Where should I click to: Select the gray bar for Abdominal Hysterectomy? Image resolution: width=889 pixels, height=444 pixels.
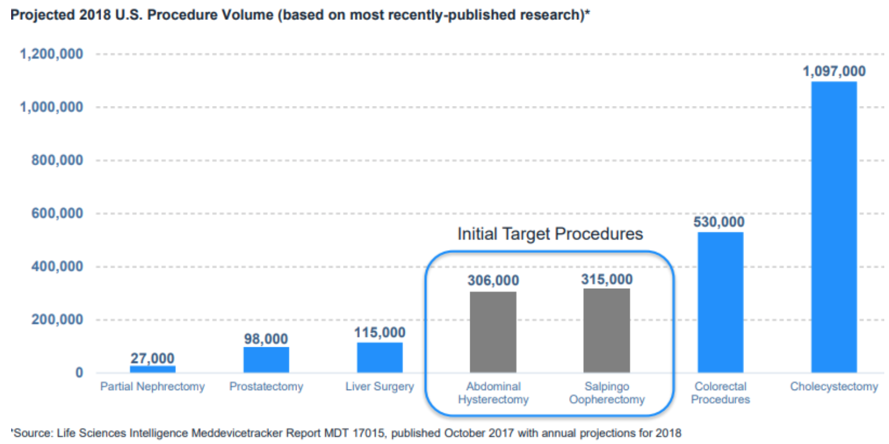(x=493, y=332)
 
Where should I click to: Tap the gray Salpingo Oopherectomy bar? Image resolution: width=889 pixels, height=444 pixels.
(x=607, y=330)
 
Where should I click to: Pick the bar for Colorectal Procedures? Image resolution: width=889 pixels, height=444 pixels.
(x=720, y=302)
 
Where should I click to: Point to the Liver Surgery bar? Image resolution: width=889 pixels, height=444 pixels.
(x=380, y=357)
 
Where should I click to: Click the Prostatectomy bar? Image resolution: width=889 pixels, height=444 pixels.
(x=266, y=360)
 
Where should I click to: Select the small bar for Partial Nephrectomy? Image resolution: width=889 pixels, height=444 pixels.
(x=152, y=369)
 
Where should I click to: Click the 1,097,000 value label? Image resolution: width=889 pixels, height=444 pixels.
(x=833, y=71)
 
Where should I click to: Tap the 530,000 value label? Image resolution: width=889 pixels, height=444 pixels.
(x=719, y=223)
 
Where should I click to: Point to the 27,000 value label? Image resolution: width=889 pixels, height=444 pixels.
(x=152, y=358)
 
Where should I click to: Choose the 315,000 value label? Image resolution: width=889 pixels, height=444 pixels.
(x=607, y=279)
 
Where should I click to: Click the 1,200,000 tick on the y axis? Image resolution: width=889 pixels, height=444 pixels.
(x=51, y=54)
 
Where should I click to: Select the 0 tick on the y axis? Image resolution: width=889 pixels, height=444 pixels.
(x=78, y=373)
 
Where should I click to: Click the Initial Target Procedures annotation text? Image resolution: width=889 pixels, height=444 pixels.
(x=550, y=234)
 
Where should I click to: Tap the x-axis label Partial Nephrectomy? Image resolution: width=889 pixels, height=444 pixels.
(x=152, y=387)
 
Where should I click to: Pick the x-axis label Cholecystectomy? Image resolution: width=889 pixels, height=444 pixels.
(x=833, y=387)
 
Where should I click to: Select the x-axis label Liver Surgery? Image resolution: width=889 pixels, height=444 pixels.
(x=380, y=387)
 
